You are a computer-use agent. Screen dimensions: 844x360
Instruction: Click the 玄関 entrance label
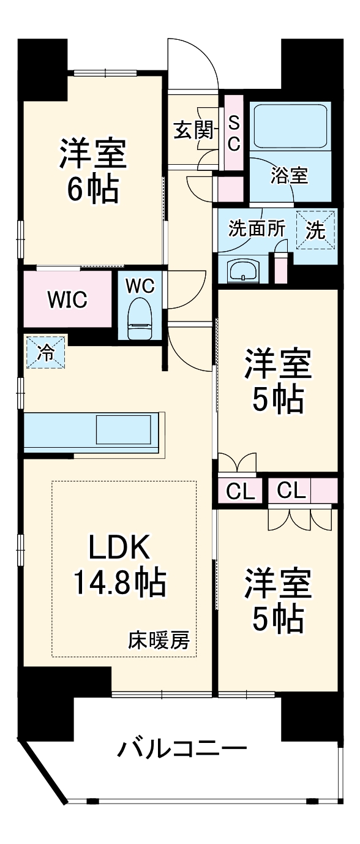pos(193,130)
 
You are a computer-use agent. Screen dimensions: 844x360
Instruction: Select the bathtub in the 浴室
pos(291,126)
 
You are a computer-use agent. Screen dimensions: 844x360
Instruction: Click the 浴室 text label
pos(290,176)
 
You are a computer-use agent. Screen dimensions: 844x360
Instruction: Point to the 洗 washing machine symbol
pos(315,230)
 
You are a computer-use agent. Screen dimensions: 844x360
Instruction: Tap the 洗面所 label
pos(257,228)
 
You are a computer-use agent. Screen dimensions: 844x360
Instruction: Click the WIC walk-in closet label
pos(68,300)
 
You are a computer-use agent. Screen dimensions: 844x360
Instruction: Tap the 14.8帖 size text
pos(120,582)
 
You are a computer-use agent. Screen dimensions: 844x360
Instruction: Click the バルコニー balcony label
pos(183,748)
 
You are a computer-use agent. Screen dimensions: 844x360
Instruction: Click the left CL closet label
pos(240,492)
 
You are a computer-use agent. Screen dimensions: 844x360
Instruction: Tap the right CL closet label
pos(290,491)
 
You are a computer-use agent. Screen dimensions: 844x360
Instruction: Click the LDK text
pos(120,547)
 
